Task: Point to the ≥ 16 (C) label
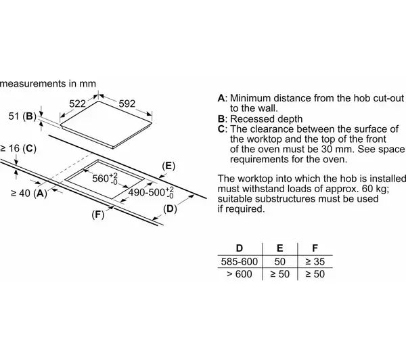[18, 148]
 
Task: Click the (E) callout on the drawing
[169, 165]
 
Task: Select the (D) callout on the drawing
[171, 208]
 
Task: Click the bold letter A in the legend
[221, 98]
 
